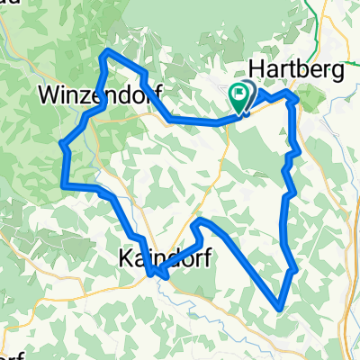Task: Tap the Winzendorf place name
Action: click(86, 93)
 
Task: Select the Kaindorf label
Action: click(165, 258)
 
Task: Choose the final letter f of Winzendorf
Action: click(130, 93)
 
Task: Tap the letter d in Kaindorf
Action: click(171, 258)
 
